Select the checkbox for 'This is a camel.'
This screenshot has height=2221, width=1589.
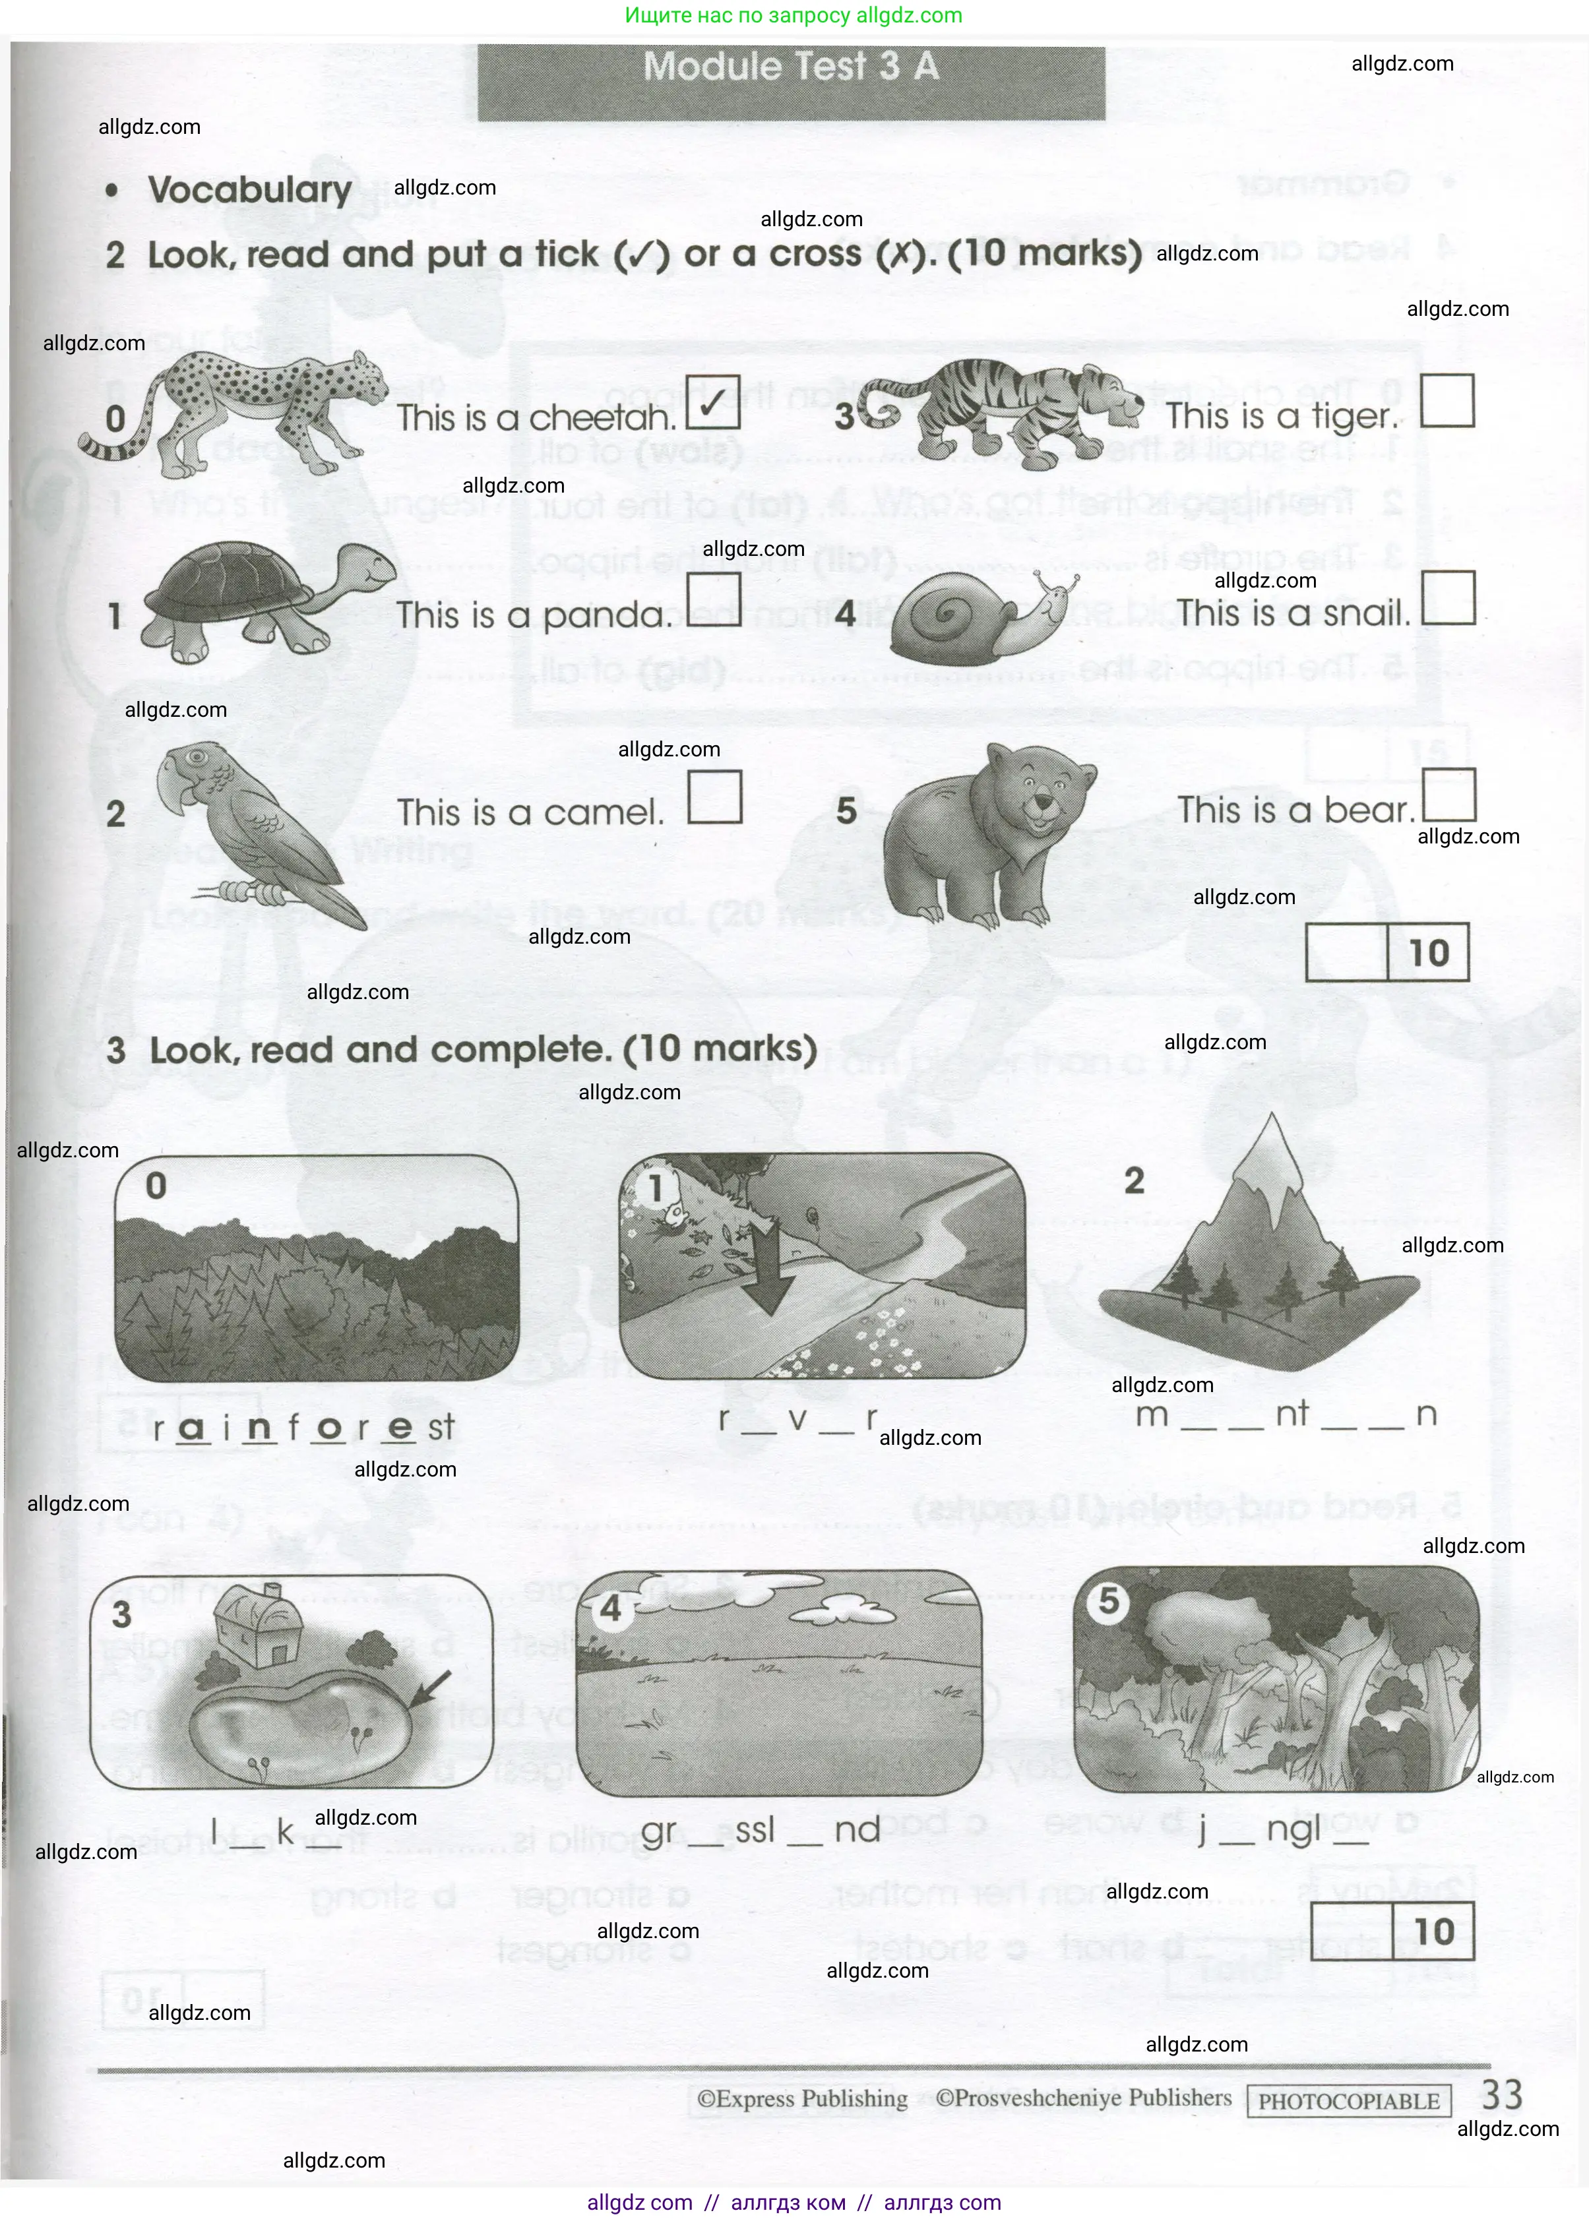coord(714,797)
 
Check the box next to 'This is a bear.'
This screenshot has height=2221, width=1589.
coord(1447,794)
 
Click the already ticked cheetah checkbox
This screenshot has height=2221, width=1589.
coord(713,402)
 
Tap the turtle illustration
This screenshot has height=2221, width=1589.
coord(265,601)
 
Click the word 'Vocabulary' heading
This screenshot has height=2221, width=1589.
coord(249,190)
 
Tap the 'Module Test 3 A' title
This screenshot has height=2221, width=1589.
coord(791,67)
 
